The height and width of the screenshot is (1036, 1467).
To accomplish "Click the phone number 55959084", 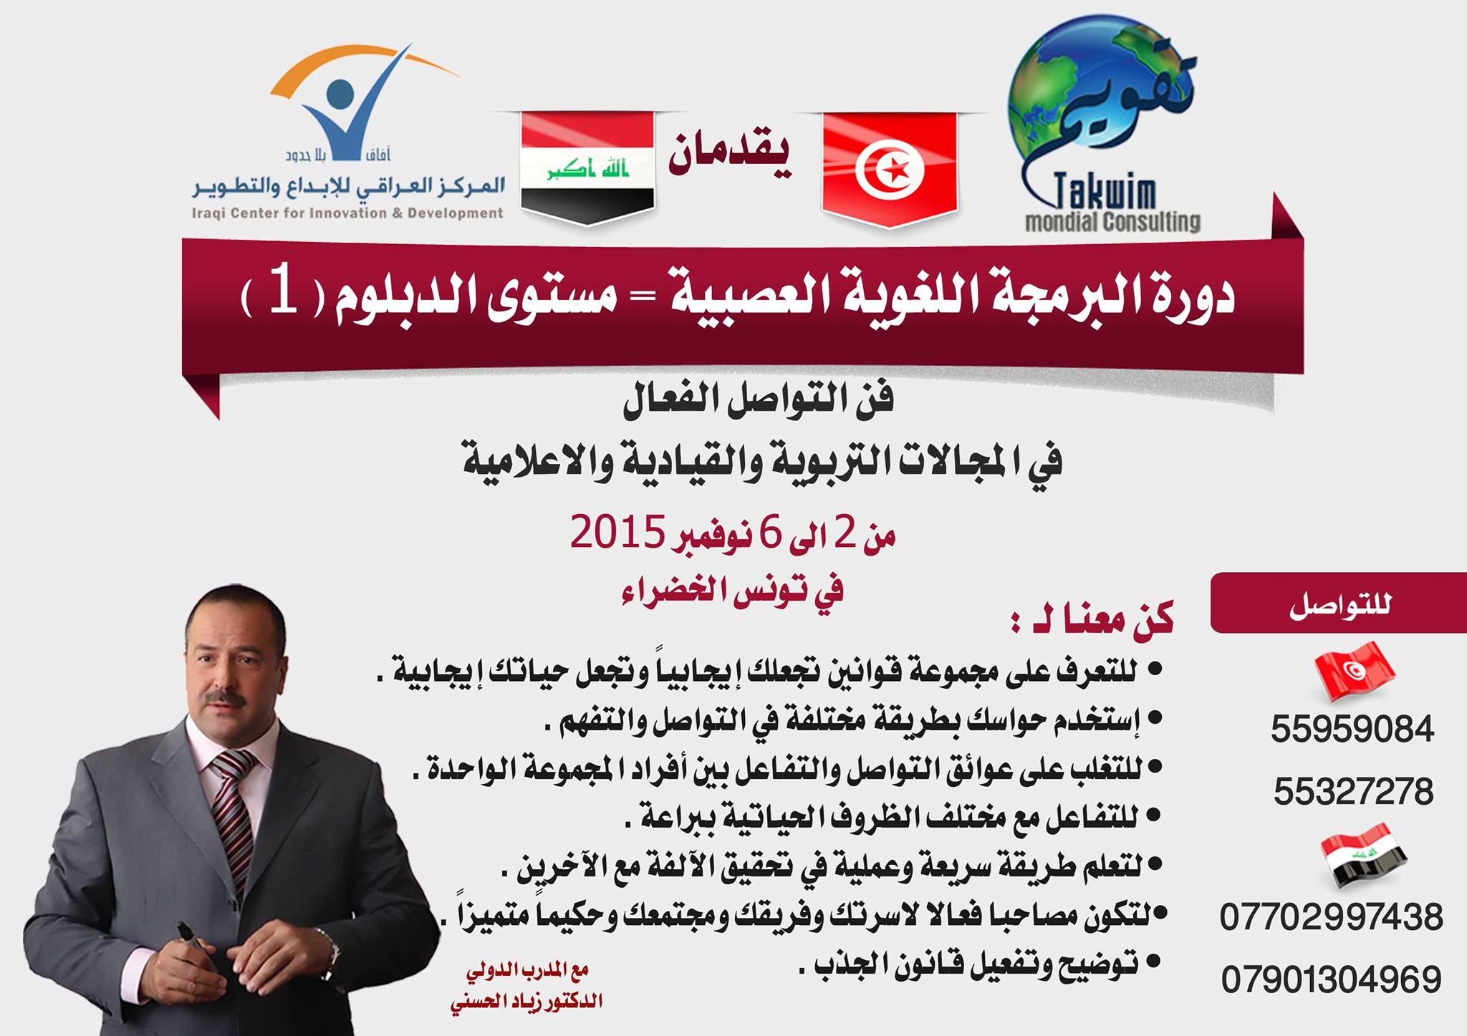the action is [x=1352, y=730].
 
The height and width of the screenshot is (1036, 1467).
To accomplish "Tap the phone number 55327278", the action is [x=1353, y=792].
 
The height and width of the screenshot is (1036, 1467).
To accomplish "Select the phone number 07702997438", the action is [x=1331, y=917].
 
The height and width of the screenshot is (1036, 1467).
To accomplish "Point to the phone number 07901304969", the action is [x=1331, y=979].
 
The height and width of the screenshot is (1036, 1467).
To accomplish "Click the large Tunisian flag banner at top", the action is [x=890, y=169].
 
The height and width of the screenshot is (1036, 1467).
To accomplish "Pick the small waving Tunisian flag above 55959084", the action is [x=1355, y=672].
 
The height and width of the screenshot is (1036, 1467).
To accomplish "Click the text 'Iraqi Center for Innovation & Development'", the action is [x=347, y=213].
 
